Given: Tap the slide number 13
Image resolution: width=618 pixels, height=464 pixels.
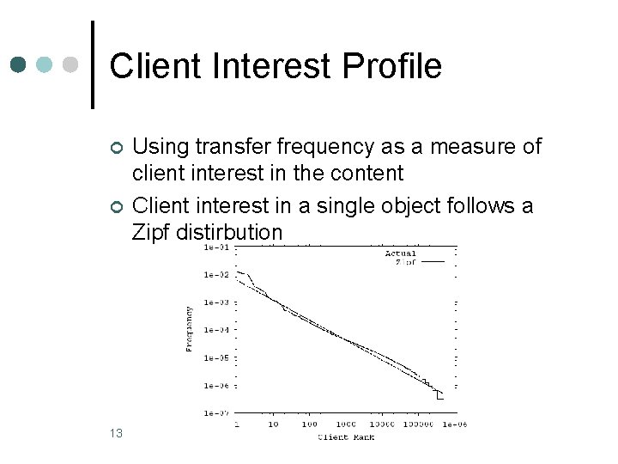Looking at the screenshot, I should [x=116, y=433].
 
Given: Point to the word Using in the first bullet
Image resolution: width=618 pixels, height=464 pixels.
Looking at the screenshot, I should [x=160, y=147].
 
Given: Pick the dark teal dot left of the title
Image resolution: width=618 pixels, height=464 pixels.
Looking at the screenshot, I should [x=20, y=64].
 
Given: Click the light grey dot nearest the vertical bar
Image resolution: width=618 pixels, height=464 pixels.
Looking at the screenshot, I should [x=73, y=64].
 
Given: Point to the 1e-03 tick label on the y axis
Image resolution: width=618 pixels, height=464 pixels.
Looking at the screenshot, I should [x=215, y=302].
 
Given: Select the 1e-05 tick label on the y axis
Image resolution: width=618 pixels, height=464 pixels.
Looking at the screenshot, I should [x=215, y=357].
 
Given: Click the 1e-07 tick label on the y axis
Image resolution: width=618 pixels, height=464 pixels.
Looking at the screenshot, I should [x=215, y=413].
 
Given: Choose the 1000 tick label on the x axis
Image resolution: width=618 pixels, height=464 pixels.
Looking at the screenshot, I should [x=345, y=424].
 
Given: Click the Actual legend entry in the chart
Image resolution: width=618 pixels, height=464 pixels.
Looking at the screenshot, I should [x=400, y=253].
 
